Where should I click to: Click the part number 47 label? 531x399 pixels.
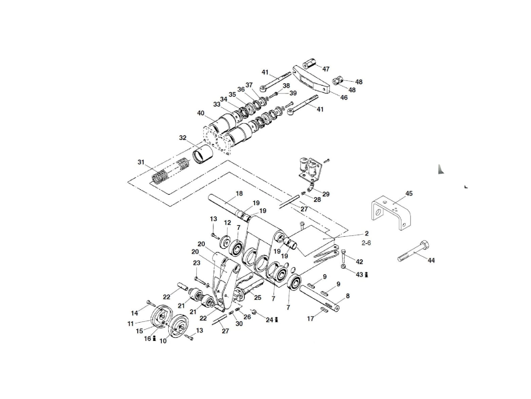[x=326, y=69]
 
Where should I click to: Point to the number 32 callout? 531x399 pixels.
[x=183, y=138]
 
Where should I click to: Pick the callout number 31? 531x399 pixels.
[x=141, y=162]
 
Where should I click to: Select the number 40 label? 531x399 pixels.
[x=201, y=113]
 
